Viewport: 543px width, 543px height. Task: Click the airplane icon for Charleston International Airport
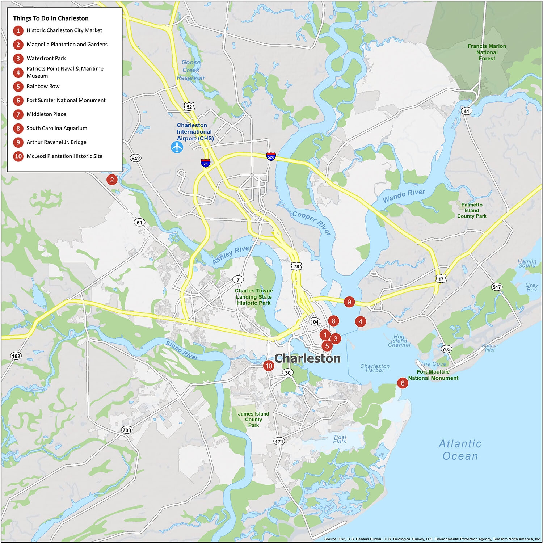point(177,147)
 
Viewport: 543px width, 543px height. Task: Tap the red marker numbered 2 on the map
point(112,180)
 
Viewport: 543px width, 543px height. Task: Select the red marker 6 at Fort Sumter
point(402,383)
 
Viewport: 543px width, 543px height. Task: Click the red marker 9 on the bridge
point(349,302)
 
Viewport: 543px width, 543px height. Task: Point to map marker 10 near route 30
point(269,366)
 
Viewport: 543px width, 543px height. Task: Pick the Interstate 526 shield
point(271,157)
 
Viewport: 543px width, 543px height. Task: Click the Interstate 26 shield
point(205,163)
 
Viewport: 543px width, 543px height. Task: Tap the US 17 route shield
point(441,279)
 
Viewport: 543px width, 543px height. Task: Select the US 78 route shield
point(296,266)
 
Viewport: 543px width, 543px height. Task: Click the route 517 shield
point(497,287)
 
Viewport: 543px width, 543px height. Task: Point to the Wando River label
point(404,195)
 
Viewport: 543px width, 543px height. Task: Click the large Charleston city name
point(307,358)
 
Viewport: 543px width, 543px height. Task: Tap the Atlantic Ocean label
point(460,450)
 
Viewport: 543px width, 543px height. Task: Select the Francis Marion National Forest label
point(487,52)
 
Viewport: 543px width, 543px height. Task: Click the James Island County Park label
point(253,419)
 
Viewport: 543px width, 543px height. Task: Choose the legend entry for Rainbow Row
point(43,86)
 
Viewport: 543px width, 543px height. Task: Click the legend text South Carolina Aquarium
point(57,128)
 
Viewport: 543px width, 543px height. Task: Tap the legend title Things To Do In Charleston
point(51,18)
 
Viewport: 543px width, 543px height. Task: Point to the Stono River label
point(182,350)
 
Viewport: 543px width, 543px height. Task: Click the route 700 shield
point(127,430)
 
